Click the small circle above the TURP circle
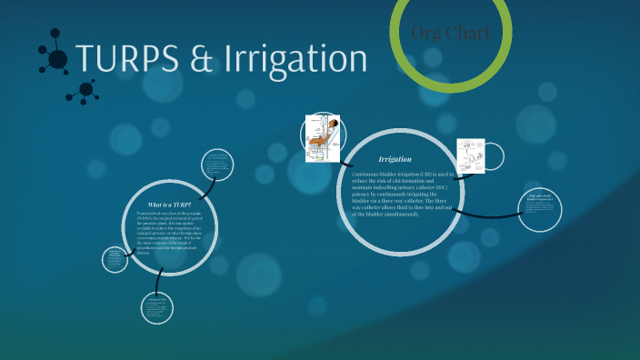(216, 166)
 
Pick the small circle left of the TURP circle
(116, 260)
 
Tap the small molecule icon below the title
(85, 89)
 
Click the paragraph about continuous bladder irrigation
(395, 194)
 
